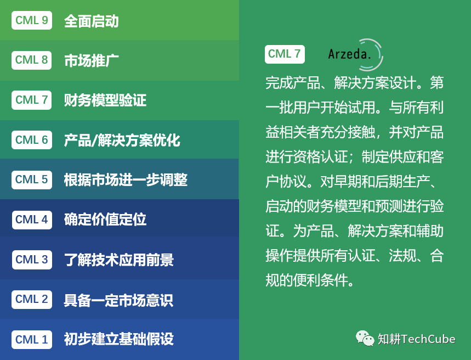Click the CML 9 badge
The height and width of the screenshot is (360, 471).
(x=32, y=21)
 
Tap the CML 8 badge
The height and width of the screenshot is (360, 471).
(x=32, y=60)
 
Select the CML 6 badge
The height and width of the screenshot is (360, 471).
(x=32, y=140)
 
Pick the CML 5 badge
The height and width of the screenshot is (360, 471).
(x=32, y=179)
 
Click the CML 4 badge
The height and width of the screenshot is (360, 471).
(x=32, y=220)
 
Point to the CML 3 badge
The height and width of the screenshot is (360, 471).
(x=32, y=260)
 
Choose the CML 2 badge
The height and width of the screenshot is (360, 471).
(x=32, y=300)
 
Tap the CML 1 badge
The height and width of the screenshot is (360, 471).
(x=32, y=339)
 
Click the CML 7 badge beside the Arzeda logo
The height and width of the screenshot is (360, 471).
(x=285, y=54)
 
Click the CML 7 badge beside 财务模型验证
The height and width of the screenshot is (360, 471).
(x=32, y=100)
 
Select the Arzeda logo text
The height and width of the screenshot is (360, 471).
(x=350, y=54)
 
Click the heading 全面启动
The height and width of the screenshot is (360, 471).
(x=91, y=21)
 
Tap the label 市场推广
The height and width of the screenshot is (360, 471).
(x=91, y=60)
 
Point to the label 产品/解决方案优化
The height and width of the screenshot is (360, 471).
(x=122, y=140)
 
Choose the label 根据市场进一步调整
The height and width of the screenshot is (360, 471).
(x=126, y=179)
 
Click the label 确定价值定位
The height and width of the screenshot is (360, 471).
(x=105, y=220)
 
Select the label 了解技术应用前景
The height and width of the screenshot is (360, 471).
(x=118, y=260)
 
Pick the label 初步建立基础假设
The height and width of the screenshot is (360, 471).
(x=118, y=339)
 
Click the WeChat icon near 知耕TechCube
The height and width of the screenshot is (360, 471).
(x=365, y=338)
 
